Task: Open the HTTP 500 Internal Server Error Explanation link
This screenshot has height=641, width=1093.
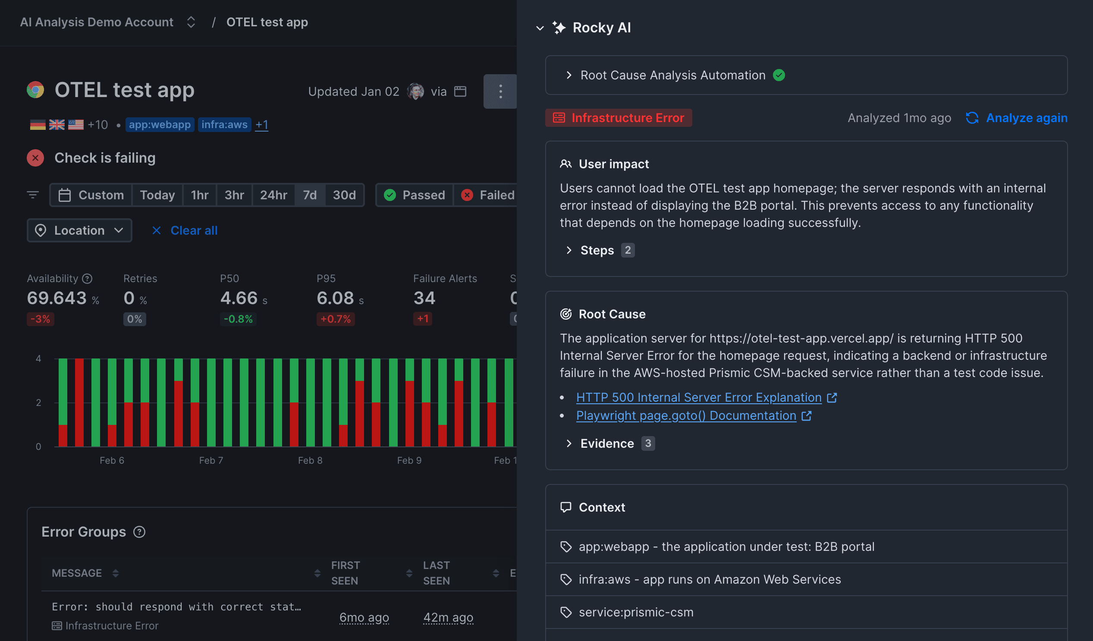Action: coord(699,397)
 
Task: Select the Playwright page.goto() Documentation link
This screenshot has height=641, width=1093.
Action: coord(686,415)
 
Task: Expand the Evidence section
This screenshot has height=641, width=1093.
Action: coord(606,443)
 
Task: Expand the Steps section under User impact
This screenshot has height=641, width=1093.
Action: coord(597,250)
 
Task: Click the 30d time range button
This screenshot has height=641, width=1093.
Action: coord(344,195)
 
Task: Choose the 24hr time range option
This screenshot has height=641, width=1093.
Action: coord(273,195)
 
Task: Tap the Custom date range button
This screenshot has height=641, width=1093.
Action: coord(91,195)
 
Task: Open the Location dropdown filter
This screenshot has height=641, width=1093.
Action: coord(79,230)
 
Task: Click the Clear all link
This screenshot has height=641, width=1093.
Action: coord(193,230)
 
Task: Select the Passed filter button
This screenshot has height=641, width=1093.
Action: coord(415,195)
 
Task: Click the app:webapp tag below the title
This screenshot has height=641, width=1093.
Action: coord(160,125)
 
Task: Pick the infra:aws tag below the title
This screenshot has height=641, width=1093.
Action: coord(224,125)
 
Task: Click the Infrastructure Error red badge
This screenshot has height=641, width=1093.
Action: coord(619,118)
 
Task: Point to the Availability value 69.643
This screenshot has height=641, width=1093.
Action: coord(57,298)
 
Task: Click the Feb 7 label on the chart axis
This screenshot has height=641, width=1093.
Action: coord(211,460)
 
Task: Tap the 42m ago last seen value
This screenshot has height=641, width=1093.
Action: coord(448,617)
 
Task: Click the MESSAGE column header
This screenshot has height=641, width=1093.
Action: coord(77,573)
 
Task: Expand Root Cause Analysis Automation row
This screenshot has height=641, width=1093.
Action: coord(672,75)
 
